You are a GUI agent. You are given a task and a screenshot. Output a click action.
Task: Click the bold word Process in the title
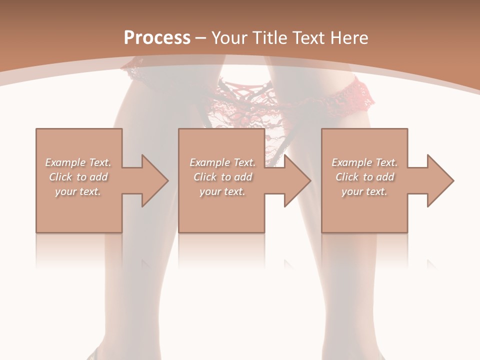click(x=157, y=38)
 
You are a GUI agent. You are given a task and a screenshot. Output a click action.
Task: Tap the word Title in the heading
click(x=268, y=38)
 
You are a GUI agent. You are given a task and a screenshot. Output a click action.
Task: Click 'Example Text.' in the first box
click(x=78, y=162)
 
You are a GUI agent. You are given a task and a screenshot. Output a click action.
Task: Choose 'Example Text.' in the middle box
click(x=222, y=162)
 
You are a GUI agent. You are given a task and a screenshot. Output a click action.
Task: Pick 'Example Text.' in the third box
click(x=364, y=162)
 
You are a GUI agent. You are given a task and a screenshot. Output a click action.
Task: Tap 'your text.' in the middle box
click(x=222, y=191)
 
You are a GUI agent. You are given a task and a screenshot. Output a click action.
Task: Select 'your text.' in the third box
click(x=364, y=191)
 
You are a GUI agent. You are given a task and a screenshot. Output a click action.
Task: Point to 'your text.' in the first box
click(x=78, y=191)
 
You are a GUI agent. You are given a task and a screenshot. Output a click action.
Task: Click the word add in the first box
click(x=99, y=177)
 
